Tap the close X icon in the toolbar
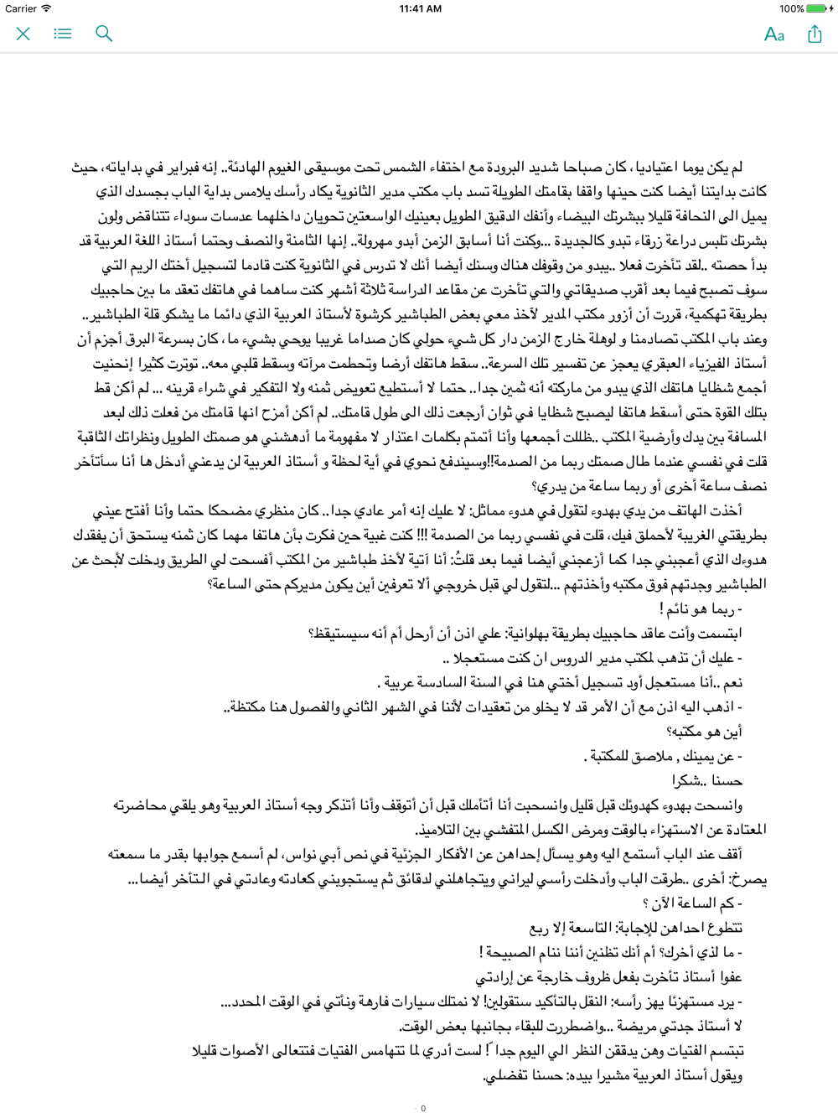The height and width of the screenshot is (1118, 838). click(x=23, y=34)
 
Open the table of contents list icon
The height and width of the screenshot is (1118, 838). click(x=63, y=34)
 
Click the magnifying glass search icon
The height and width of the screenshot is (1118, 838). click(x=104, y=34)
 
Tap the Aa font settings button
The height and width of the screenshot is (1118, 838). click(x=774, y=34)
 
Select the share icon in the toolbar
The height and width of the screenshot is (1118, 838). click(x=815, y=34)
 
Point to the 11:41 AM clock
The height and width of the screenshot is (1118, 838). click(x=421, y=8)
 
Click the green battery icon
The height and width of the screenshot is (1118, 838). click(x=817, y=8)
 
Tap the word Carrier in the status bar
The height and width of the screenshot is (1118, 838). click(x=21, y=8)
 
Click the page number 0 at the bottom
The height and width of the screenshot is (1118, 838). click(x=423, y=1108)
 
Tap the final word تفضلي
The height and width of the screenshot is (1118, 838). click(x=509, y=1076)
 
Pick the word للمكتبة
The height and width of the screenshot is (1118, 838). click(x=608, y=757)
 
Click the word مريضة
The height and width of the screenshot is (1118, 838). click(x=640, y=1027)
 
